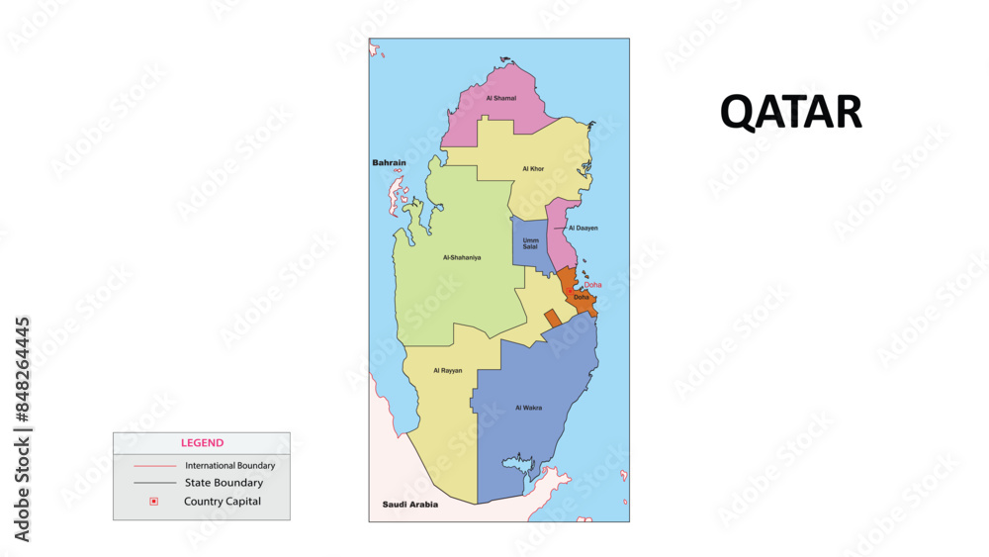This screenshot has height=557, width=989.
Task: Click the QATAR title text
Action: [x=790, y=112]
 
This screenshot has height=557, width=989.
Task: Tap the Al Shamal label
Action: [x=500, y=98]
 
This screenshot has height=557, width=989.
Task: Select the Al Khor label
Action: [x=533, y=169]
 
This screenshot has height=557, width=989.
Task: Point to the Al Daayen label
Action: [x=583, y=228]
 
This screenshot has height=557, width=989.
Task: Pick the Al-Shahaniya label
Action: [x=462, y=257]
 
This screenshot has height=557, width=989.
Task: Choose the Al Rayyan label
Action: [x=447, y=370]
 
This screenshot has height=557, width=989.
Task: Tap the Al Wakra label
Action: [x=528, y=407]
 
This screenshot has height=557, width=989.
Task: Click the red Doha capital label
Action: [x=592, y=285]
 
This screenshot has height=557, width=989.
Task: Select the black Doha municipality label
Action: [x=581, y=297]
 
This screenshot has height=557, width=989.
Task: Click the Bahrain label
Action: [x=390, y=162]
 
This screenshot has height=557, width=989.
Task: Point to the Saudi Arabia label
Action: [x=409, y=505]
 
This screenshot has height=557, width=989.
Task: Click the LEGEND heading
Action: [x=202, y=443]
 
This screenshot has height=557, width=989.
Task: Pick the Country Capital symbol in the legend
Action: [x=153, y=502]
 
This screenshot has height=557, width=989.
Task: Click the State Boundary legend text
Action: [x=224, y=483]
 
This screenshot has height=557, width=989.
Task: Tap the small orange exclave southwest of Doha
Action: [x=552, y=317]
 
